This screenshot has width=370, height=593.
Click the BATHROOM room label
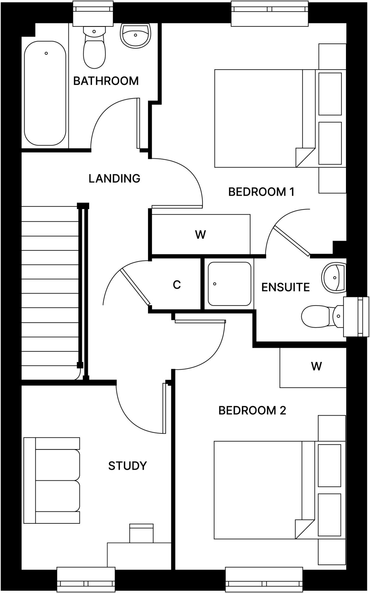(x=106, y=81)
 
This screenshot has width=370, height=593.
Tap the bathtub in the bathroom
(x=45, y=96)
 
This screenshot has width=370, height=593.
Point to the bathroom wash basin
(x=135, y=36)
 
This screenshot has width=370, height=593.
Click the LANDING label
(x=114, y=178)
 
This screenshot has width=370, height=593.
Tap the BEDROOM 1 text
(x=261, y=192)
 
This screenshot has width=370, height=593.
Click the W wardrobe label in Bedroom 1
(x=200, y=235)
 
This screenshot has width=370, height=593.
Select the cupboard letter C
(x=177, y=285)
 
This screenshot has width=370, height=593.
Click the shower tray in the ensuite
(x=229, y=284)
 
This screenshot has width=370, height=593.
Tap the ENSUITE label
(x=285, y=287)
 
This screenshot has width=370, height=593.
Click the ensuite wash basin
(x=334, y=277)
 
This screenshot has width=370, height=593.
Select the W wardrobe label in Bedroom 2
(x=316, y=367)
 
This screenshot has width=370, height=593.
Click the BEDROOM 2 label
(x=252, y=411)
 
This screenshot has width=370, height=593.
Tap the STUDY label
(x=127, y=466)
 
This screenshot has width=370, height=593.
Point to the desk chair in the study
(x=141, y=533)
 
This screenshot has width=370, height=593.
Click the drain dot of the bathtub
(x=46, y=53)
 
